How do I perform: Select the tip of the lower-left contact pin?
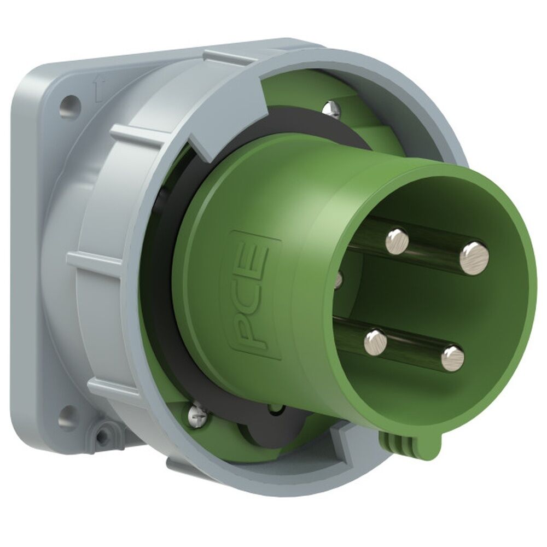pyautogui.click(x=375, y=342)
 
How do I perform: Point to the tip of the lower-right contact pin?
pyautogui.click(x=452, y=358)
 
